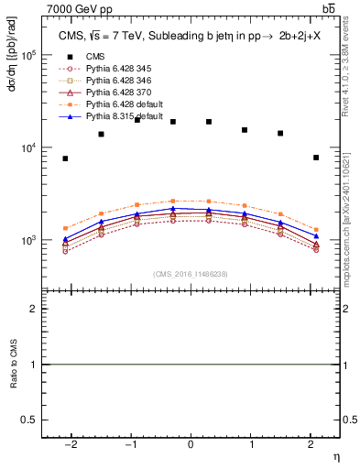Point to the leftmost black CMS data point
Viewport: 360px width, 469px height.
click(x=65, y=158)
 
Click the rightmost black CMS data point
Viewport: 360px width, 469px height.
click(x=316, y=158)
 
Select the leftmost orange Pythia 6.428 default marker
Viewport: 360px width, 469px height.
click(x=65, y=228)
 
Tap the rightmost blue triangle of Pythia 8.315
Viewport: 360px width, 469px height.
click(x=316, y=236)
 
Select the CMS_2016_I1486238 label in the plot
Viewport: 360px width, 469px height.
click(x=191, y=274)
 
